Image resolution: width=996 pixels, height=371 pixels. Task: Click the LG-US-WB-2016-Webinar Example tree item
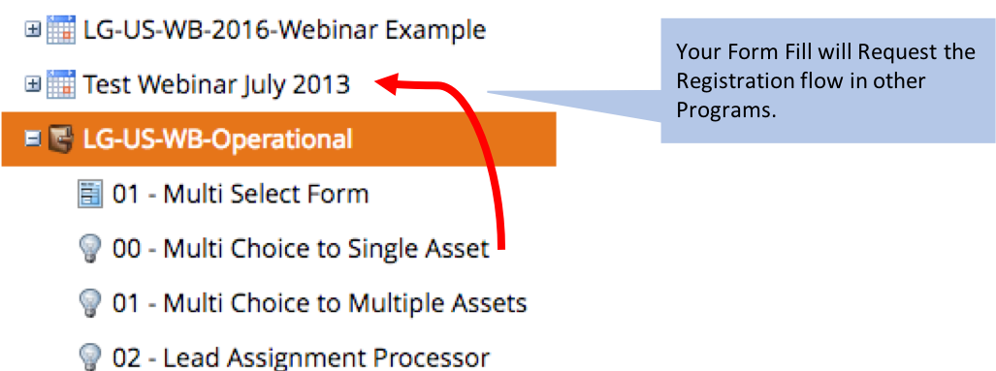(284, 30)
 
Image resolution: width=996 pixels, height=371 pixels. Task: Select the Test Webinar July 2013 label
(216, 84)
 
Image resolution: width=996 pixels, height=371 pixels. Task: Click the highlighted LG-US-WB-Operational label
(217, 139)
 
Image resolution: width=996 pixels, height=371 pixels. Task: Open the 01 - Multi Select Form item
(241, 194)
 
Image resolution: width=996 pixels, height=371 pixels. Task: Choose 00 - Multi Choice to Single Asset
(301, 249)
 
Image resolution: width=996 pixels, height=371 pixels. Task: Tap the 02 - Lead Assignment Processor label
(301, 357)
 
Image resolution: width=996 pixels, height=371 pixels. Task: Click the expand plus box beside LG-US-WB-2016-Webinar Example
(32, 30)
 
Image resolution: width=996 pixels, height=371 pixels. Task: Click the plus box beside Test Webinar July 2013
(32, 85)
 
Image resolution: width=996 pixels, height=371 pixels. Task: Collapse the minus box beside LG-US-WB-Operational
(32, 139)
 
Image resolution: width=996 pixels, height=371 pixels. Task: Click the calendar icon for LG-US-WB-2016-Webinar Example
(61, 30)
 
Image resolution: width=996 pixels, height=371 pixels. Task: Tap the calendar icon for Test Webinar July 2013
(61, 84)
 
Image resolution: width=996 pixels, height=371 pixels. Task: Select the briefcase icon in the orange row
(61, 139)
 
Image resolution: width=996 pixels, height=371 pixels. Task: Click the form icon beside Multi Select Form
(89, 194)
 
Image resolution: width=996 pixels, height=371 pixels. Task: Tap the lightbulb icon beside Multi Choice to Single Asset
(89, 249)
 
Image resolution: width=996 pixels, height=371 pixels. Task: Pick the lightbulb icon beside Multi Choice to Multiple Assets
(89, 304)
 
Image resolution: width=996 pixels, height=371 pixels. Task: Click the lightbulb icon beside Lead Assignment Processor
(89, 358)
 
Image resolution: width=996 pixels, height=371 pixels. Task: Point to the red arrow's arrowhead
(386, 83)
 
